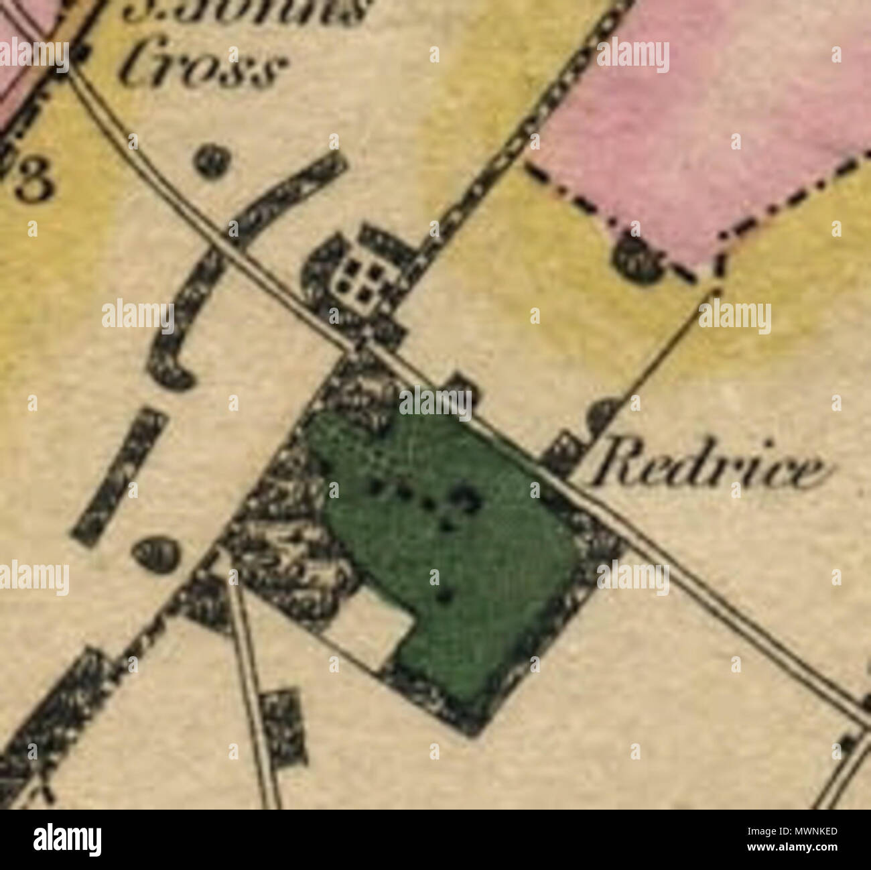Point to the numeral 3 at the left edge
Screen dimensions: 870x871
tap(33, 182)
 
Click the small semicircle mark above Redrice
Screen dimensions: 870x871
tap(604, 416)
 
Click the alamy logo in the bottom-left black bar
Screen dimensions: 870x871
tap(68, 839)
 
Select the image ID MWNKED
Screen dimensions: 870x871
tap(801, 832)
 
